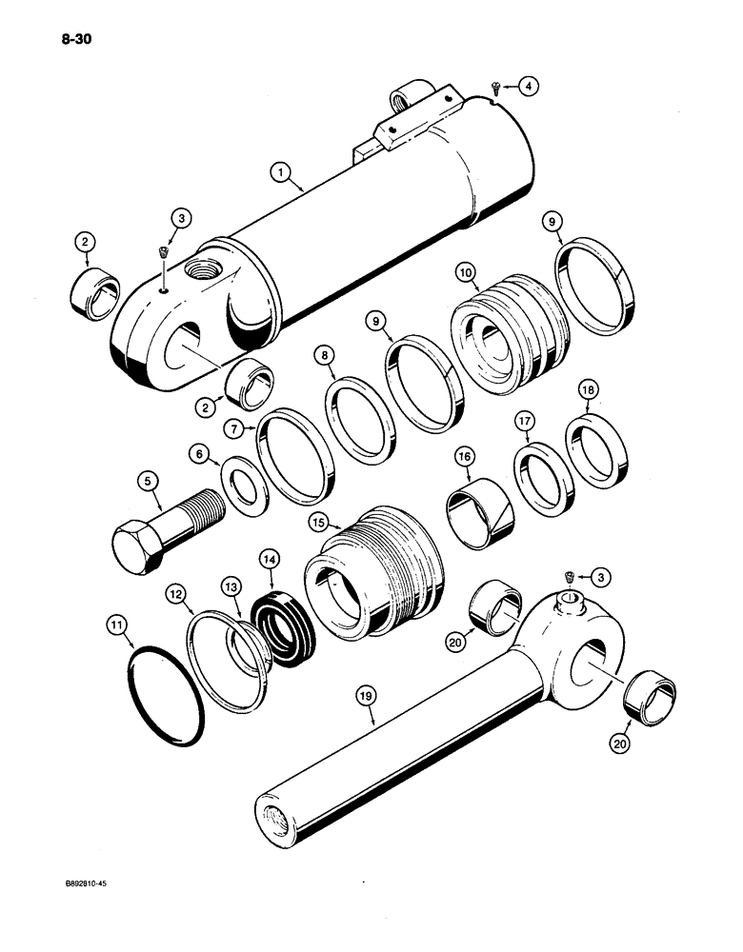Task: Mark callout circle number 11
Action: click(x=116, y=625)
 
